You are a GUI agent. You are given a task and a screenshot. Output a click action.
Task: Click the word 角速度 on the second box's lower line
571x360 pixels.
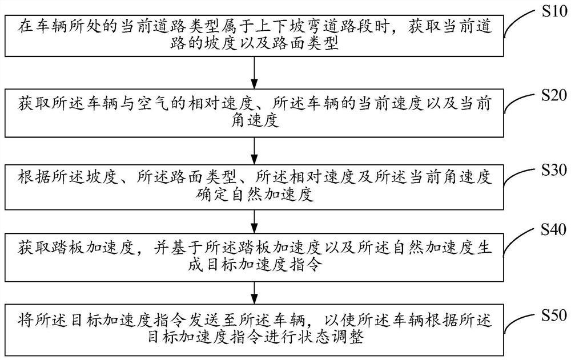click(253, 120)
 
